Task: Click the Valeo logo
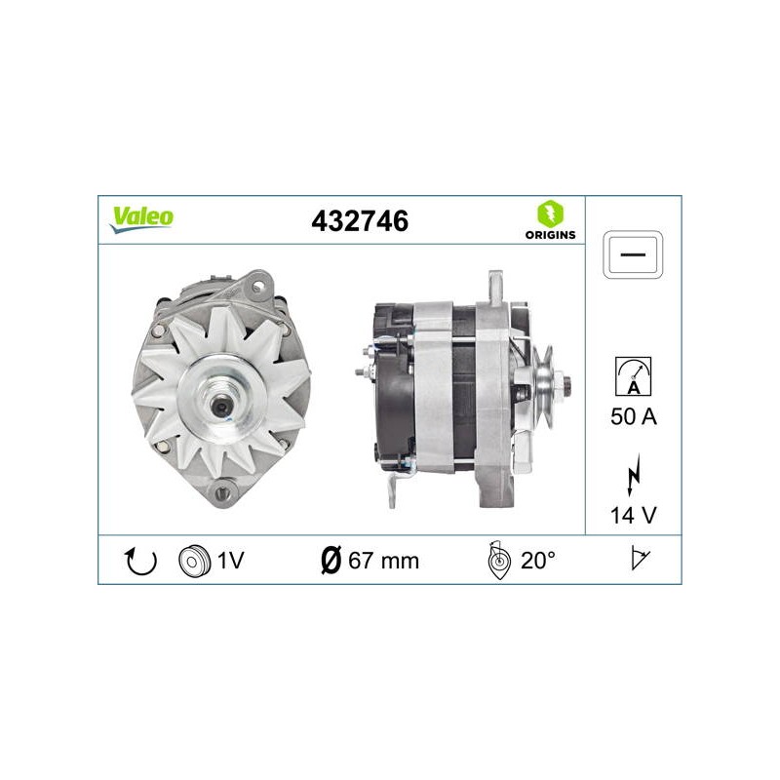[x=141, y=219]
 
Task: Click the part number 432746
[x=360, y=221]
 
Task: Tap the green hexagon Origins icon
[x=550, y=214]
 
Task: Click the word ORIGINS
[x=550, y=235]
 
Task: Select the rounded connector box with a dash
[x=633, y=254]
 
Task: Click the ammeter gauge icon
[x=633, y=376]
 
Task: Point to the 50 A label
[x=633, y=416]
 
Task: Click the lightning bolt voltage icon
[x=633, y=475]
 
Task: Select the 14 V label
[x=633, y=516]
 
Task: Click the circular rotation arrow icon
[x=140, y=561]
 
